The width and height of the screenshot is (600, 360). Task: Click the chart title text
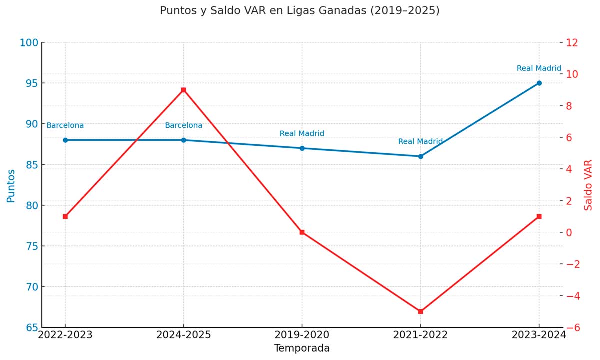pos(300,10)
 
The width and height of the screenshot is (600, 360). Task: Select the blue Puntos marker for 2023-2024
pos(539,83)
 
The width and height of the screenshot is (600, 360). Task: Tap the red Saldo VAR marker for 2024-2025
pos(184,90)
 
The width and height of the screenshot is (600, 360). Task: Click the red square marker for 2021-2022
pos(420,311)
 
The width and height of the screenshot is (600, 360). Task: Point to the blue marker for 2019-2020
pos(302,148)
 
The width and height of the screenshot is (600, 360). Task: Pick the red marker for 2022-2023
pos(65,216)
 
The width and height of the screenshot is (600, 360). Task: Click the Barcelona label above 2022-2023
pos(65,126)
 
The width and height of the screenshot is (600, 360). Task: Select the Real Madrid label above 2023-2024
pos(539,68)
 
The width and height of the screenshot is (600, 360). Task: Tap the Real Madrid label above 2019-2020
pos(302,133)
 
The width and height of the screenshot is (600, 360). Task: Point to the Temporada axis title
pos(302,348)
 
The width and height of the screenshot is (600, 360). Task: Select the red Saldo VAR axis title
pos(588,185)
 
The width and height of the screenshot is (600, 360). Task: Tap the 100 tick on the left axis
pos(29,43)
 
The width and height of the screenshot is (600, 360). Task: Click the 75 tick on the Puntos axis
pos(31,246)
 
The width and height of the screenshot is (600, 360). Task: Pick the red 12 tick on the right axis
pos(572,43)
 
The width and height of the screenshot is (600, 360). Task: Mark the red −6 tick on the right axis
pos(572,328)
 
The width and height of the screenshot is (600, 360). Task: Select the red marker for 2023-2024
pos(539,216)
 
